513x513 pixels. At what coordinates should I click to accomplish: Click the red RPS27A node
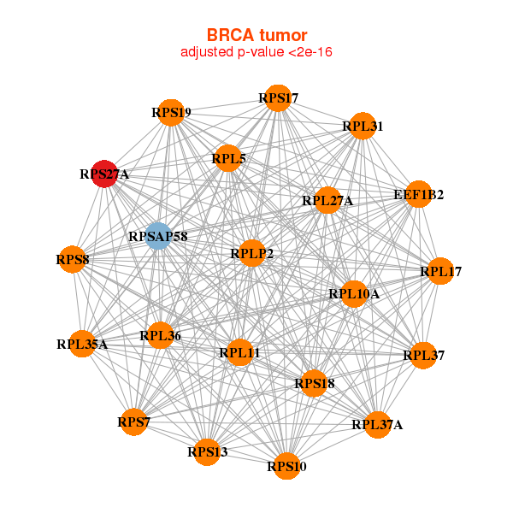[x=104, y=174]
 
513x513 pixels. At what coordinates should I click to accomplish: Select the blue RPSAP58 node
[x=158, y=236]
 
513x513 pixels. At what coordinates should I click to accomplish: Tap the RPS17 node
[x=278, y=98]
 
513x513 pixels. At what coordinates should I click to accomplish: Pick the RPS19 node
[x=171, y=113]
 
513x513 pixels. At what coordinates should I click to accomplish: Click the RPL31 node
[x=363, y=126]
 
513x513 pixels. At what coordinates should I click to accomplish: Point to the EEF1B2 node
[x=418, y=194]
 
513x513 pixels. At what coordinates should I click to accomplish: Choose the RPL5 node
[x=228, y=158]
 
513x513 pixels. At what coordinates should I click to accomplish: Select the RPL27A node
[x=327, y=200]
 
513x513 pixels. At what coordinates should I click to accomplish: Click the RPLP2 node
[x=252, y=253]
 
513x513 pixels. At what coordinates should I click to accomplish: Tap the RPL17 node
[x=440, y=271]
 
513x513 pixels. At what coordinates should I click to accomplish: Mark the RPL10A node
[x=354, y=294]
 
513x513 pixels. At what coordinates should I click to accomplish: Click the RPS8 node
[x=73, y=259]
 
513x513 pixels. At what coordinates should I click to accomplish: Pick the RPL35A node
[x=82, y=344]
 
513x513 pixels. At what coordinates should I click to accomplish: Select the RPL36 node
[x=161, y=335]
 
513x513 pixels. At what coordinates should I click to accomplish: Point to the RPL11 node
[x=239, y=352]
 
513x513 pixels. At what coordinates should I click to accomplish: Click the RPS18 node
[x=314, y=383]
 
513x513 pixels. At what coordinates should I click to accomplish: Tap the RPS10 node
[x=286, y=466]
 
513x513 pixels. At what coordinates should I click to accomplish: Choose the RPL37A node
[x=378, y=425]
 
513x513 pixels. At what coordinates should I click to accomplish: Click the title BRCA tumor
[x=256, y=35]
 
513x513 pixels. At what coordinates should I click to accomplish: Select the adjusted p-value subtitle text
[x=256, y=52]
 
